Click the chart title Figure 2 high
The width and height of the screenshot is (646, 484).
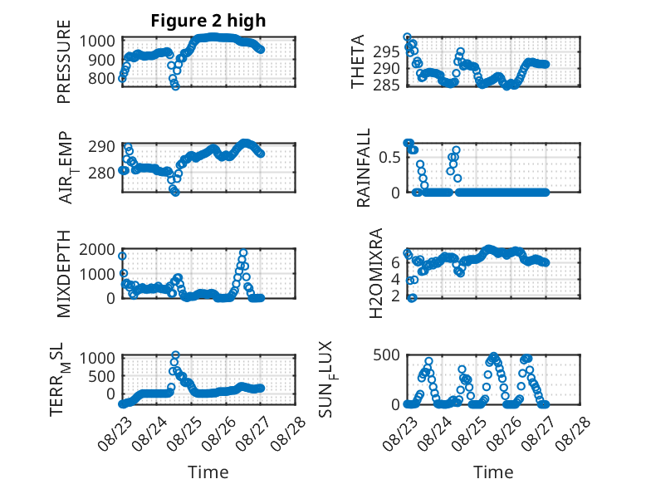click(x=208, y=21)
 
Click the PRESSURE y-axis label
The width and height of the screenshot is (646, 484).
click(x=64, y=61)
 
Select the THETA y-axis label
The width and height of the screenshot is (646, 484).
click(x=358, y=61)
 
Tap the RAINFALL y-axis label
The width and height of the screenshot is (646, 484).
click(x=364, y=168)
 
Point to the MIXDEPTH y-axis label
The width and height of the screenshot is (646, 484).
click(x=64, y=274)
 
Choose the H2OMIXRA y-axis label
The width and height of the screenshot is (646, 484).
click(x=376, y=273)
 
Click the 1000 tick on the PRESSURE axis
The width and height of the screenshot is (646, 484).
click(x=97, y=42)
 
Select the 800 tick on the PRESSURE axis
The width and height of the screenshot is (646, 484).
click(x=101, y=78)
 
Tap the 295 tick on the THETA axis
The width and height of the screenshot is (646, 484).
click(x=386, y=52)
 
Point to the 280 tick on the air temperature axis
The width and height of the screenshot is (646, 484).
click(x=101, y=173)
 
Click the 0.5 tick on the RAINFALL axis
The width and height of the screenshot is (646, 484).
click(x=389, y=158)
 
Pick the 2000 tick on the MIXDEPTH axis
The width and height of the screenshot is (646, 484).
click(x=97, y=249)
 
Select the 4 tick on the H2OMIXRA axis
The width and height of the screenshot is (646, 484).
click(x=395, y=279)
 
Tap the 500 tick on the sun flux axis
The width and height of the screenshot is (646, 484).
click(x=386, y=354)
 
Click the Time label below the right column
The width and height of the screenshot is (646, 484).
click(x=493, y=472)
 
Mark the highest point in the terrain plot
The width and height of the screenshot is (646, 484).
click(x=175, y=354)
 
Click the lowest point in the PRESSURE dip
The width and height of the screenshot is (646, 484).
click(x=175, y=86)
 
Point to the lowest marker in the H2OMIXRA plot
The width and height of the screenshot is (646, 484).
click(x=412, y=298)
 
